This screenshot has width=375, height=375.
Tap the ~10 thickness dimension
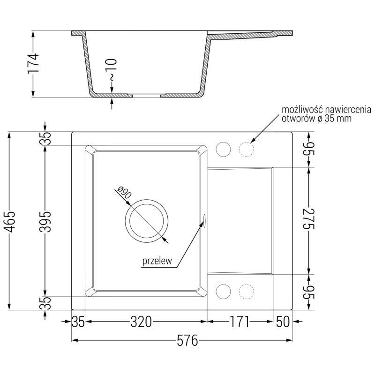[111, 69]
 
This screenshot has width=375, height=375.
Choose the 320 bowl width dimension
[141, 322]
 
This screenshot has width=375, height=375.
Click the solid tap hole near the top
[223, 150]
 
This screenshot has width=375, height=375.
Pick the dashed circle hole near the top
[247, 150]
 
